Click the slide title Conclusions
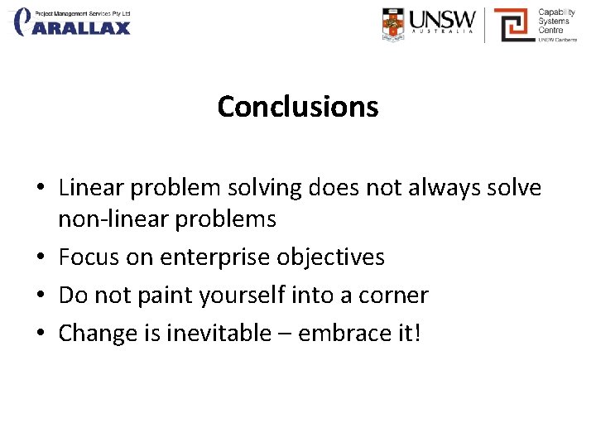pos(297,107)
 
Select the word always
pos(440,189)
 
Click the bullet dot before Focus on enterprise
pos(41,258)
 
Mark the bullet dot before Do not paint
pos(41,296)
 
